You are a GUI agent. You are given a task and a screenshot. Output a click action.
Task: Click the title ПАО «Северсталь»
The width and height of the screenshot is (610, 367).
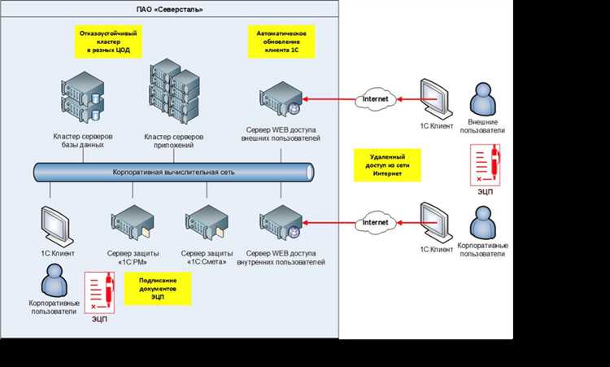click(x=169, y=9)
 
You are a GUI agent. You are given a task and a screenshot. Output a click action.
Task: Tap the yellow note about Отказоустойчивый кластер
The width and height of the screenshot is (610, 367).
click(x=108, y=42)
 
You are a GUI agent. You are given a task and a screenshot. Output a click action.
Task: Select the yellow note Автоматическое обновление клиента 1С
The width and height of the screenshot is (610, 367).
click(x=281, y=42)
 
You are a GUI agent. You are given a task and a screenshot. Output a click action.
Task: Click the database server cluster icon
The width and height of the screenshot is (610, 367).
click(x=83, y=98)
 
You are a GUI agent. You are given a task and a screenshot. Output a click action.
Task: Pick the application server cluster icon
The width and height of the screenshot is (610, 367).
click(x=174, y=91)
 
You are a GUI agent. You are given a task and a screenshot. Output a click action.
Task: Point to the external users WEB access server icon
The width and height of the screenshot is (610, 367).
click(x=281, y=98)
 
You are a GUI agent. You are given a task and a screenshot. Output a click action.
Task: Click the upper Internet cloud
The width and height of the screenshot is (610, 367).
click(x=376, y=99)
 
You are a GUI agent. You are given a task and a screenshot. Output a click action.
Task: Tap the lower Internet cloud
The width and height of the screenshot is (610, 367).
click(x=376, y=223)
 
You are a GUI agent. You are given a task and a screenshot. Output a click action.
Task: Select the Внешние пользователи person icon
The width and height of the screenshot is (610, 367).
click(x=483, y=98)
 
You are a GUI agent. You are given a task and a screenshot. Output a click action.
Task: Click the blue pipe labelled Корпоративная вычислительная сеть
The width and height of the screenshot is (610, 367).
click(x=173, y=173)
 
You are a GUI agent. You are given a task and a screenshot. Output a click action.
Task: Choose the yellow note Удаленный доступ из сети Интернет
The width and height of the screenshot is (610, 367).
click(x=387, y=165)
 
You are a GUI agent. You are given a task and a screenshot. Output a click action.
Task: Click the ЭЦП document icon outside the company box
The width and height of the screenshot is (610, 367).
click(x=485, y=165)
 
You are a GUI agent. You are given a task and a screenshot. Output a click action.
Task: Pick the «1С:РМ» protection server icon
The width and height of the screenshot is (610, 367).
click(x=133, y=223)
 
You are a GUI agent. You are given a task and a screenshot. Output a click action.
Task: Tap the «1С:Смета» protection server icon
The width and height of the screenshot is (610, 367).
click(x=207, y=223)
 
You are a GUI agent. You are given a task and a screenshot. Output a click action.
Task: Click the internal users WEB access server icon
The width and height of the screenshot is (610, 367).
click(x=281, y=223)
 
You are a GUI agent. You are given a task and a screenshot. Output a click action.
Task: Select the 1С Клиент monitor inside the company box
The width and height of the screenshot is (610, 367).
click(x=57, y=226)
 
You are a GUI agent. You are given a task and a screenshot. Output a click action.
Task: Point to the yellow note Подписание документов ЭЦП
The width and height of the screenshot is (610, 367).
click(x=158, y=289)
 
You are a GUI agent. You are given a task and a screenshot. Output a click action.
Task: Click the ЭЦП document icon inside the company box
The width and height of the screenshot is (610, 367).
click(x=99, y=293)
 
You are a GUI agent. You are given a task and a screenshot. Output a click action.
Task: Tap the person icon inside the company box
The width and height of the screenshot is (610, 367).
click(x=54, y=280)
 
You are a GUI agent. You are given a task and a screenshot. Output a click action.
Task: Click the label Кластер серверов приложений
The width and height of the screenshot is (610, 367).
click(x=173, y=141)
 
